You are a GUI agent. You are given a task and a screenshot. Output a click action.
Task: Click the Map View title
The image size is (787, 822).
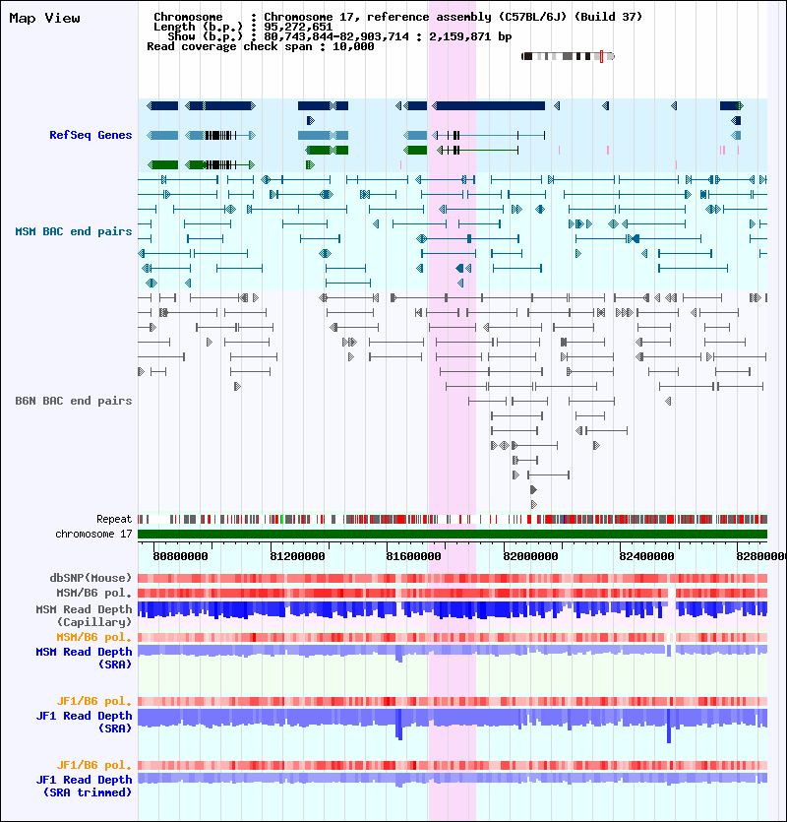coord(44,19)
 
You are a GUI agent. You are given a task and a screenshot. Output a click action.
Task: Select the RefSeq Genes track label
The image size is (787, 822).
coord(91,135)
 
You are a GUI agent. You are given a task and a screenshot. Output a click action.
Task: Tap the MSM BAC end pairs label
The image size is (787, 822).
coord(74,231)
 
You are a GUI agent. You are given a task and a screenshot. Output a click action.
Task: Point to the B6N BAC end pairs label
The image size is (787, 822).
coord(74,401)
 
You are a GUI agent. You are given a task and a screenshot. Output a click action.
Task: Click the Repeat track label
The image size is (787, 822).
coord(114,520)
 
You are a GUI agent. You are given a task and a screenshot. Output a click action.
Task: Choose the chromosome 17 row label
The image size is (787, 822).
coord(93,535)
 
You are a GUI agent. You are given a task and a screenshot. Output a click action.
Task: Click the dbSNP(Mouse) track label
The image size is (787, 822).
coord(91,578)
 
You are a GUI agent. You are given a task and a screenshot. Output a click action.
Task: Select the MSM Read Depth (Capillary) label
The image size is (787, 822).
coord(84,616)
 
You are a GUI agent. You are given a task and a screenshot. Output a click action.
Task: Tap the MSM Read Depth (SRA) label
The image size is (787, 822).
coord(84,658)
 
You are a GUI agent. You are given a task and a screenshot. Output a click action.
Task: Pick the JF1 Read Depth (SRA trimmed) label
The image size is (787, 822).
coord(84,787)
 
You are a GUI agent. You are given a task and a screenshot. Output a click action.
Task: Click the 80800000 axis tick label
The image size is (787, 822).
coord(180,556)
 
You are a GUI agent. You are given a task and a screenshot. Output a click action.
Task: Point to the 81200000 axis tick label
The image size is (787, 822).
coord(297,556)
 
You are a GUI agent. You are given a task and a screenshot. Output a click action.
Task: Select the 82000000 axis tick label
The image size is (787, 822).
coord(530,556)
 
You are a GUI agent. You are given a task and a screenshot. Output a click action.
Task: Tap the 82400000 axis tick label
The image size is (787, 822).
coord(646,556)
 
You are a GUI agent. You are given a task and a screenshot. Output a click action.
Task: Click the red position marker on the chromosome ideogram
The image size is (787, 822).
coord(601,57)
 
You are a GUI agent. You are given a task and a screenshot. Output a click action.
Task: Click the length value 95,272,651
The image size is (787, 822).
coord(298,27)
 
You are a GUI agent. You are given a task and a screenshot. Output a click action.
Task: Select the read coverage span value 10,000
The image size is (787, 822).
coord(353,46)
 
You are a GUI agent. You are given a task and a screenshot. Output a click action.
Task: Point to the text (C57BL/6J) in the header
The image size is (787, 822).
coord(532,17)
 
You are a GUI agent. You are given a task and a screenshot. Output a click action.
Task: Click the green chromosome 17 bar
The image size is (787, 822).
coord(453,535)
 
